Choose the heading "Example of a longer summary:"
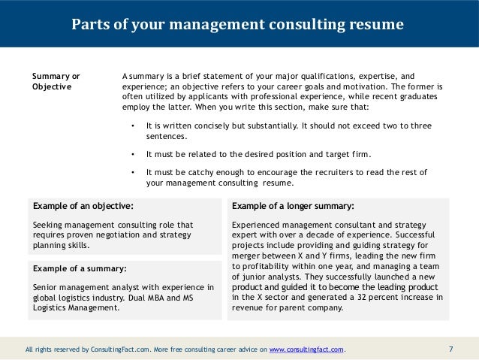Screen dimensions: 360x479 pos(294,205)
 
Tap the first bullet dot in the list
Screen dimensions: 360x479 pos(132,126)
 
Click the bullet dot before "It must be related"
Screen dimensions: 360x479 pos(132,154)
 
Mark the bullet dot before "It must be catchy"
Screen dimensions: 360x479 pos(132,172)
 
